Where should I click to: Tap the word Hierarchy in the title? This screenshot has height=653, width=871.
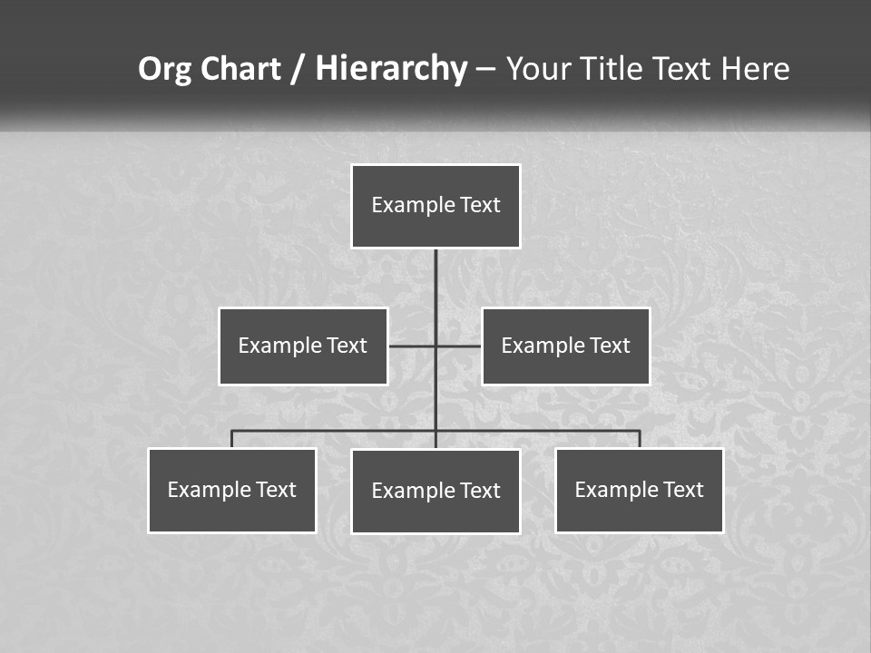(x=391, y=69)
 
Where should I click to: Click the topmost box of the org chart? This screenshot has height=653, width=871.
(x=435, y=206)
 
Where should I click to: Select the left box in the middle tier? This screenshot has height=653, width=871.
(x=303, y=346)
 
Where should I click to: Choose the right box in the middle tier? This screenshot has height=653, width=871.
(x=565, y=346)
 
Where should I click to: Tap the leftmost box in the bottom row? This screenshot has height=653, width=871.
(x=232, y=491)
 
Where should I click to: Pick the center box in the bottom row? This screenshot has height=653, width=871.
(x=435, y=492)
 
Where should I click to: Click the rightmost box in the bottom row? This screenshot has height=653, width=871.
(x=639, y=491)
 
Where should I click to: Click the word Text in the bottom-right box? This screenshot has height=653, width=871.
(x=683, y=490)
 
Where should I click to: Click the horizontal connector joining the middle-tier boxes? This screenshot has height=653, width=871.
(x=413, y=346)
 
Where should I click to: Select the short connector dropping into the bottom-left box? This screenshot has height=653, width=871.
(x=232, y=439)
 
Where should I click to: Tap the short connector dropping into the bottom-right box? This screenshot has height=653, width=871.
(x=640, y=439)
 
